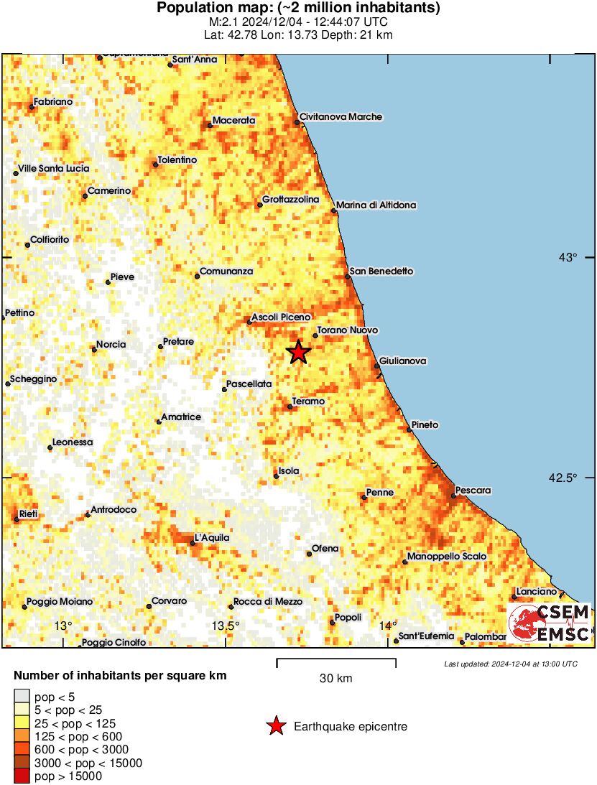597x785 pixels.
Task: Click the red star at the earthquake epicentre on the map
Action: pyautogui.click(x=298, y=352)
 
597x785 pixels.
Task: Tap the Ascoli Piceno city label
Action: pyautogui.click(x=281, y=317)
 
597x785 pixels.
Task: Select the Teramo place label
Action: pyautogui.click(x=309, y=401)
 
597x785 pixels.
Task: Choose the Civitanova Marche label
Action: pyautogui.click(x=341, y=117)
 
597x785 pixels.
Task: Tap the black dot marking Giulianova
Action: pyautogui.click(x=376, y=366)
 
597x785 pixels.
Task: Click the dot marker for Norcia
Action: pyautogui.click(x=94, y=350)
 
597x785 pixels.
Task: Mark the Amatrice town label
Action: pyautogui.click(x=181, y=417)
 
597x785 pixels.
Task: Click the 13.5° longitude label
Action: pyautogui.click(x=226, y=626)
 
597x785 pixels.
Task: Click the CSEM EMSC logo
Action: pyautogui.click(x=550, y=623)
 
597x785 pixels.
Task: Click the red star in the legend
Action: pyautogui.click(x=275, y=727)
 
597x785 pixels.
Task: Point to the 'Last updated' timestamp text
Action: pyautogui.click(x=511, y=664)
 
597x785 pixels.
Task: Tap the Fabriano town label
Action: pyautogui.click(x=53, y=102)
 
